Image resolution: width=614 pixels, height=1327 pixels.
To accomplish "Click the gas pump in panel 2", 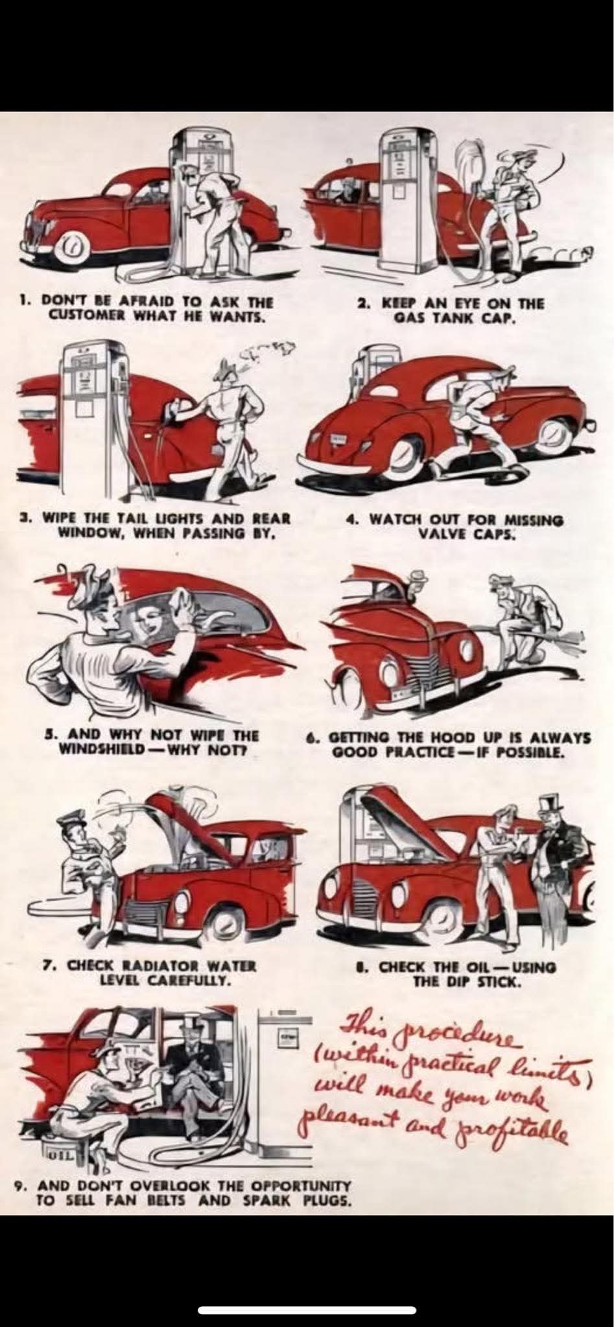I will pos(402,201).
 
